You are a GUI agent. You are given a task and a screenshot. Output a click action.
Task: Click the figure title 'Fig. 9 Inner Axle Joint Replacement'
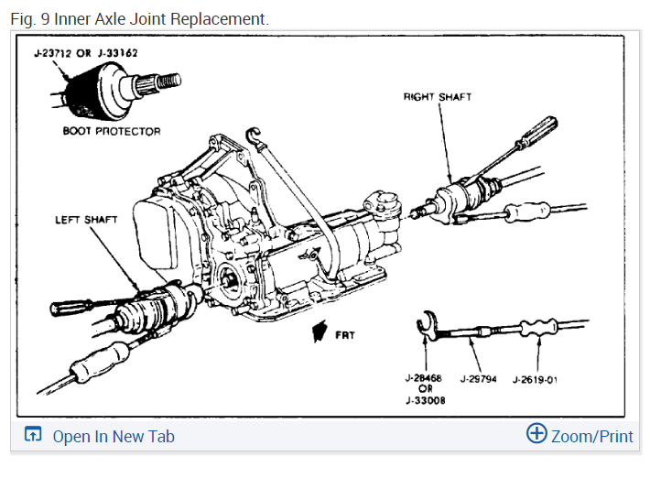(x=139, y=18)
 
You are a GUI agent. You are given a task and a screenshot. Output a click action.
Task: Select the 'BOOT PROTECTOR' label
(x=111, y=131)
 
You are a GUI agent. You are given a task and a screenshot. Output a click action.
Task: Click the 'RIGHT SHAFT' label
(x=438, y=97)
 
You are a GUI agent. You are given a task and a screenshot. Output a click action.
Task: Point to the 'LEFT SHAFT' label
(x=86, y=220)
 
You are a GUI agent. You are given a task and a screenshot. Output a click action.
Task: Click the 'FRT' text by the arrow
(x=345, y=335)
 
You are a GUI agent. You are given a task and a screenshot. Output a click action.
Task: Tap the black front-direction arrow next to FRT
(x=320, y=330)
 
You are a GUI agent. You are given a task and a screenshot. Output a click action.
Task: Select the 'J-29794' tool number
(x=478, y=378)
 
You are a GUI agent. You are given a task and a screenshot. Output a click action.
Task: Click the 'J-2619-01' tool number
(x=535, y=378)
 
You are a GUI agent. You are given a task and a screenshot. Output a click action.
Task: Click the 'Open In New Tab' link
(x=113, y=436)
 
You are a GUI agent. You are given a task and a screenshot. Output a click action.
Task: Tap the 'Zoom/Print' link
(x=591, y=436)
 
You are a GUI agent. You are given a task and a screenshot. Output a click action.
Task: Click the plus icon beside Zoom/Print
(x=536, y=434)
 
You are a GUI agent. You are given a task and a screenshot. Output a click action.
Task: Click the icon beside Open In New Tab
(x=33, y=435)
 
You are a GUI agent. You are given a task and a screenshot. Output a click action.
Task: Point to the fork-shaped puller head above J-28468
(x=426, y=324)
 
